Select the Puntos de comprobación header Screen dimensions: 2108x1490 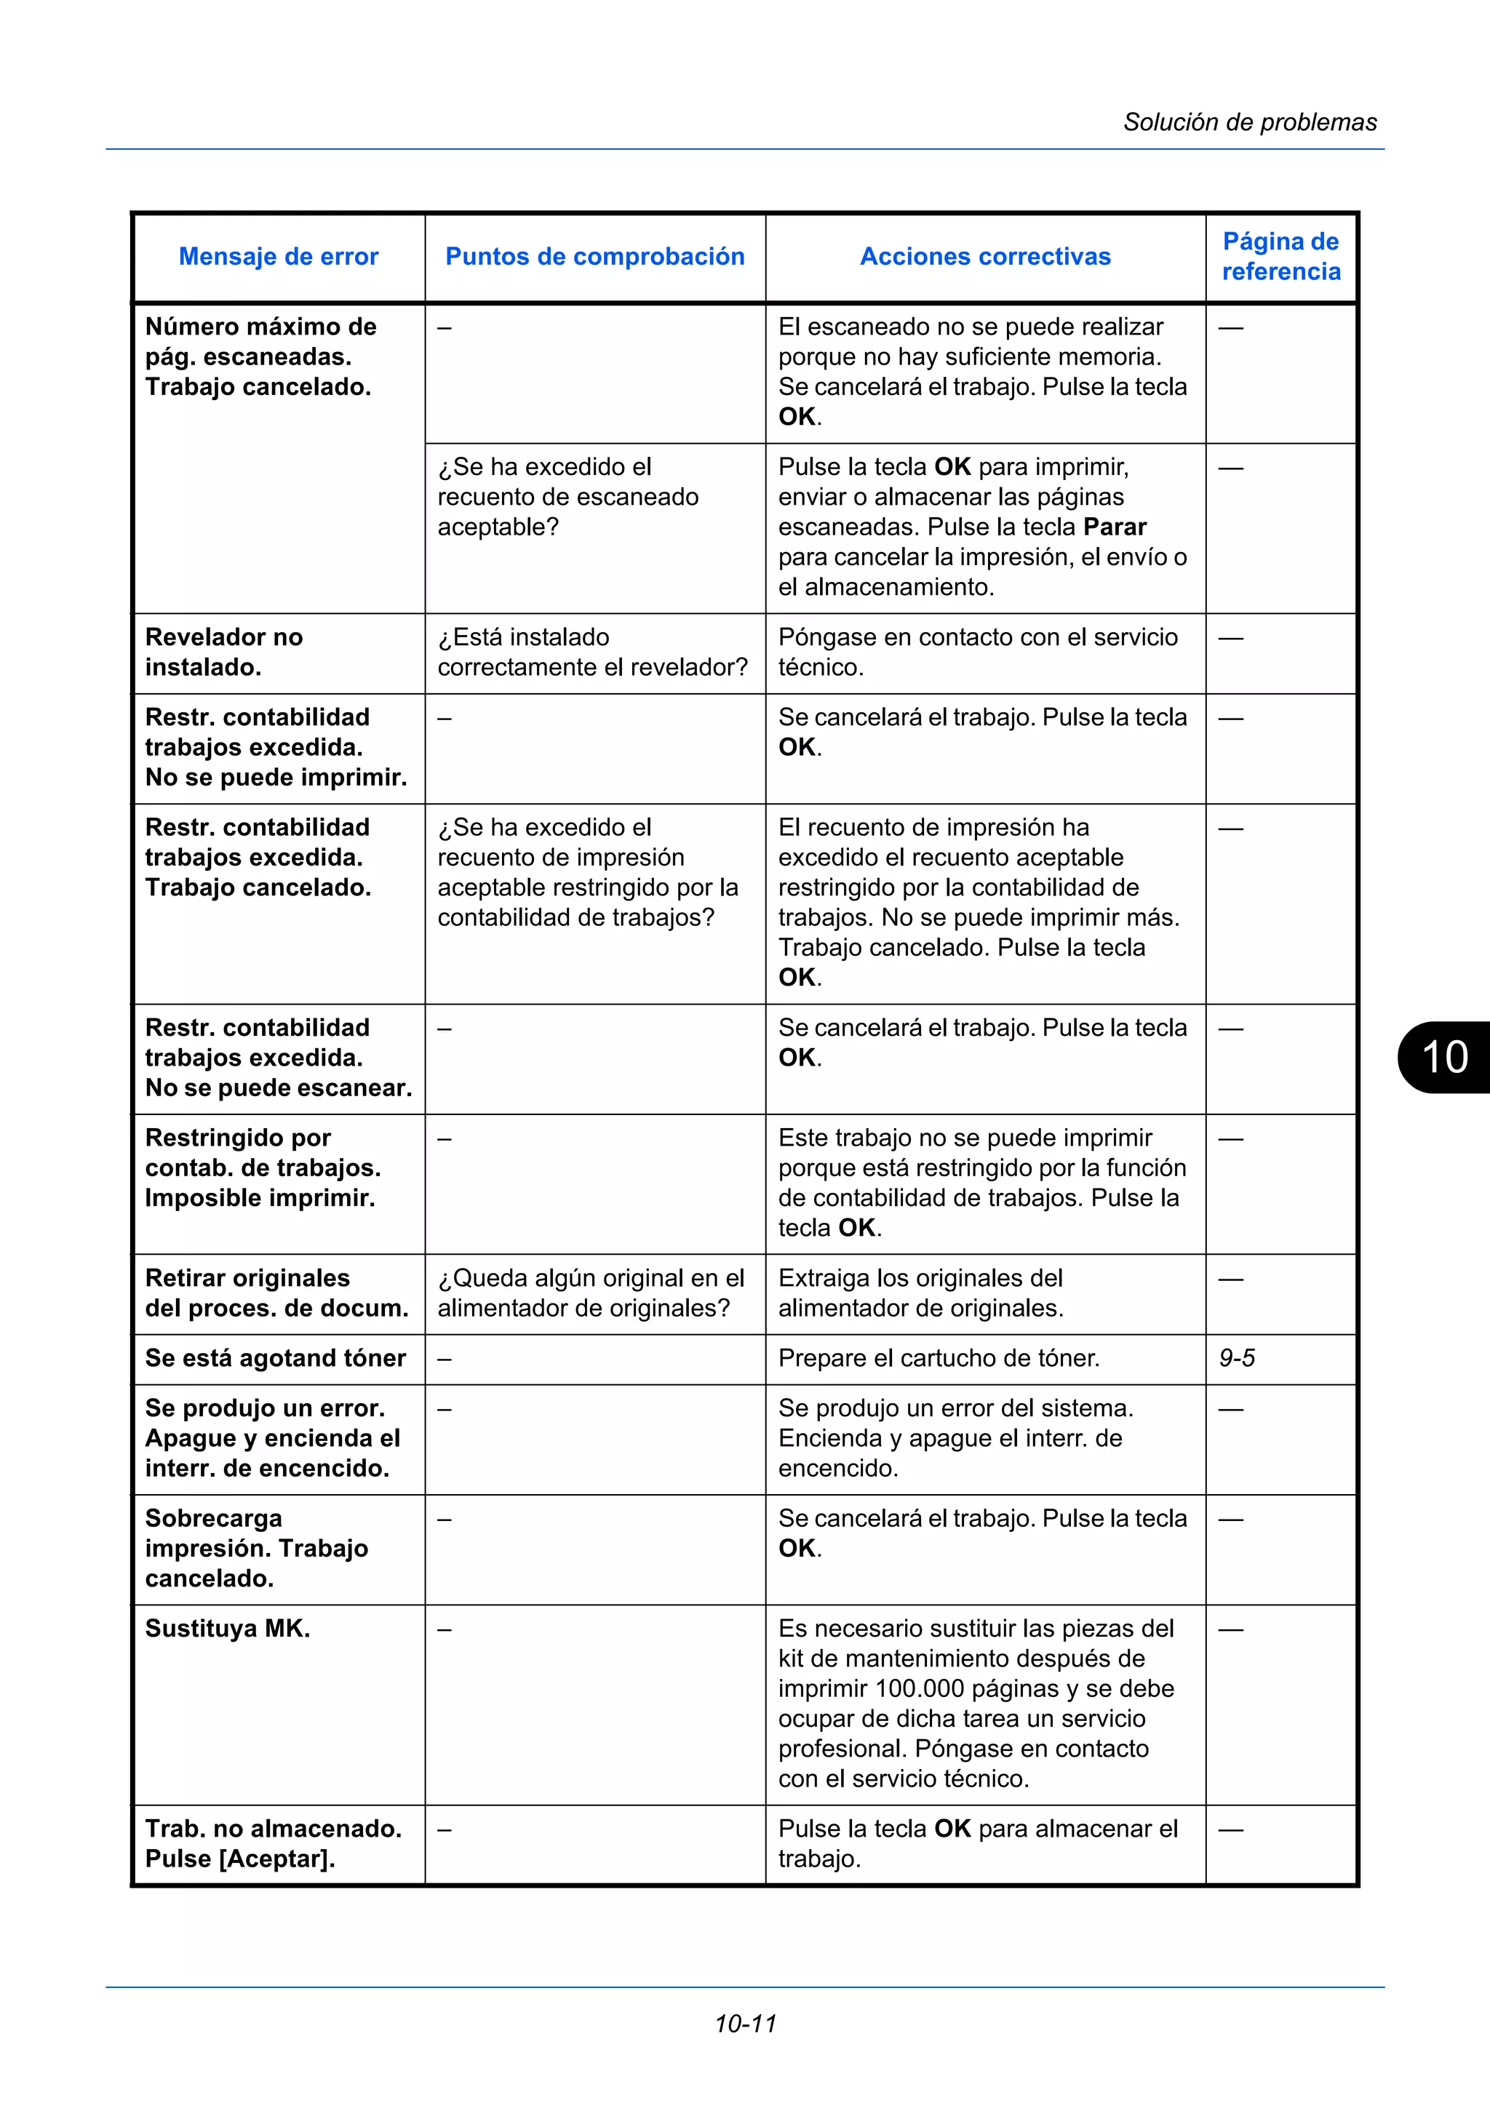click(595, 256)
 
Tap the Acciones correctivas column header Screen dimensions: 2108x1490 click(985, 256)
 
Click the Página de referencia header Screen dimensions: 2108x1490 click(1280, 256)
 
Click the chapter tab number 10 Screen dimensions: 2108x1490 click(1444, 1057)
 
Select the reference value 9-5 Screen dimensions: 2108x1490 click(1237, 1358)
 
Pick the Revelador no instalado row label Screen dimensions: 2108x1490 click(224, 652)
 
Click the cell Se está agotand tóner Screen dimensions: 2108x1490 click(276, 1358)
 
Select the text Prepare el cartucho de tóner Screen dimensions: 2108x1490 click(939, 1358)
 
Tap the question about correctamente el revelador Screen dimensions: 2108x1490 click(592, 652)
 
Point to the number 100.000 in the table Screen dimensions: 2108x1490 click(919, 1688)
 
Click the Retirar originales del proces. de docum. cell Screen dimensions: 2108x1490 click(276, 1293)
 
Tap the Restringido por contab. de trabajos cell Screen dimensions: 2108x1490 click(263, 1168)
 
